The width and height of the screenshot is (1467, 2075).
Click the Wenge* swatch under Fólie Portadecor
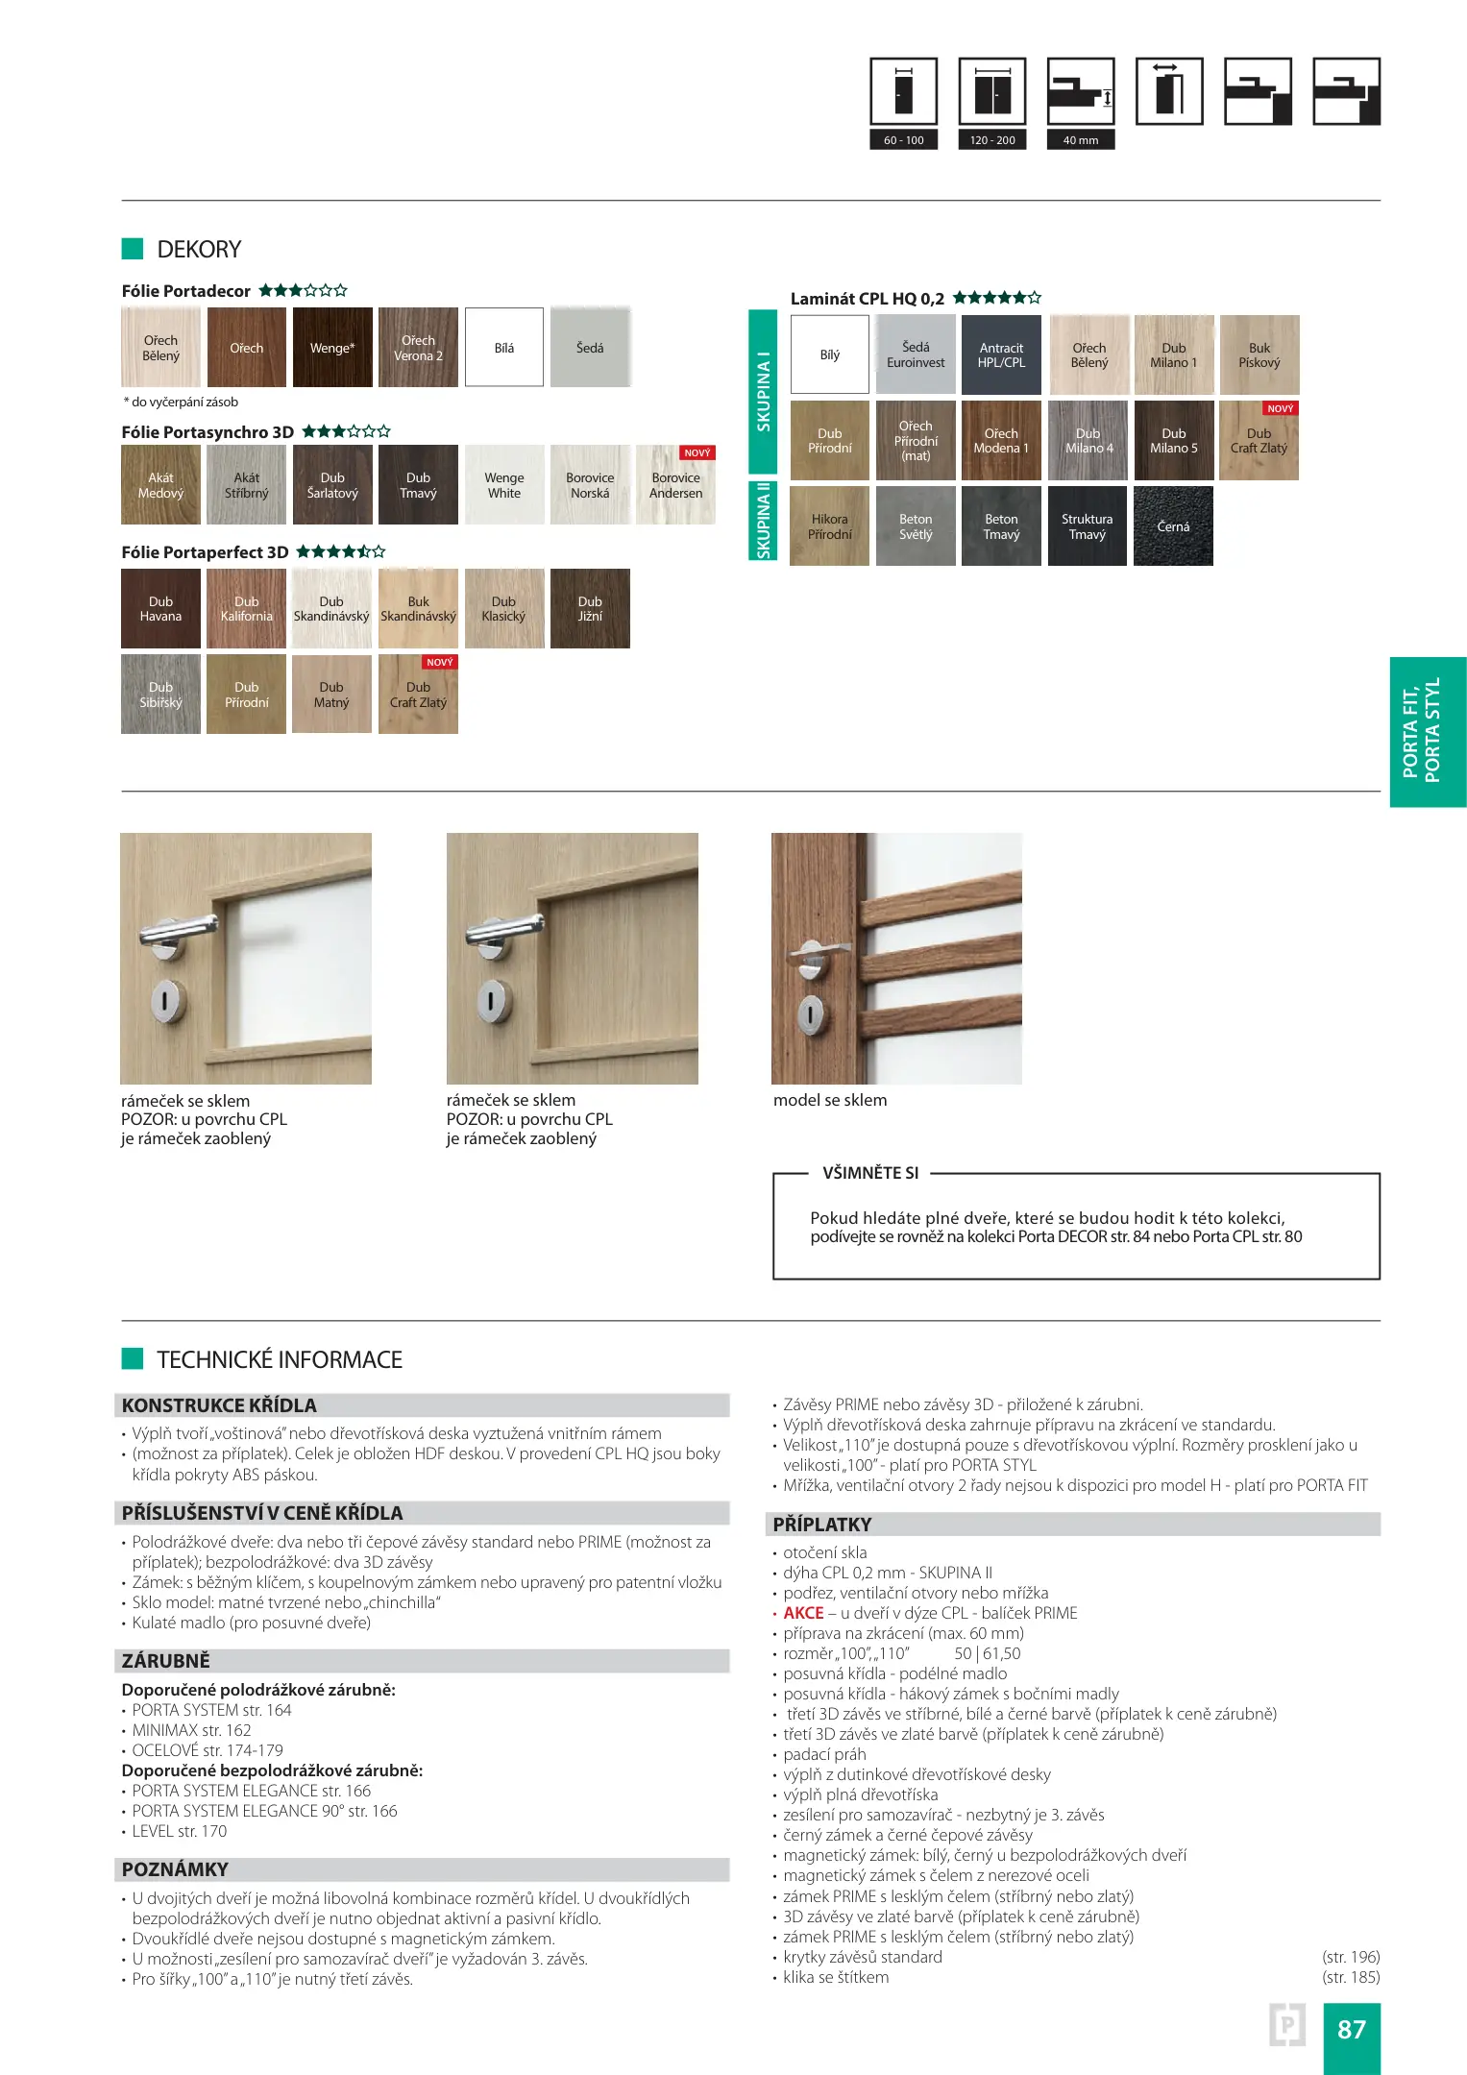click(332, 348)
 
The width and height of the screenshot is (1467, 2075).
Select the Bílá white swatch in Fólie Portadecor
click(504, 348)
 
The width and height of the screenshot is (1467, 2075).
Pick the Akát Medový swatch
click(160, 485)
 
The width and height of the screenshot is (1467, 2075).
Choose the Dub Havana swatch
click(160, 609)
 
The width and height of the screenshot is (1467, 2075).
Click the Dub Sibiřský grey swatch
click(160, 695)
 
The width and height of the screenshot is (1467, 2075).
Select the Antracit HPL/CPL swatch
click(1001, 355)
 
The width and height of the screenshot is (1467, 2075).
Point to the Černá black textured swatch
click(1173, 526)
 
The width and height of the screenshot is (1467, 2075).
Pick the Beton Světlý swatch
click(916, 526)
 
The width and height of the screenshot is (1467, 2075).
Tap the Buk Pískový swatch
click(1259, 355)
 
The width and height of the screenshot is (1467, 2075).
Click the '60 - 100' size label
click(903, 140)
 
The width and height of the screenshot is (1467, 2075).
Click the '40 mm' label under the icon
click(1081, 140)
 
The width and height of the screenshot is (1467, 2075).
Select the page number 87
click(1351, 2029)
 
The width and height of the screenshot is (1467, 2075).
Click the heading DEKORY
click(199, 250)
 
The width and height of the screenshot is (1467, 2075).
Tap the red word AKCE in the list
click(803, 1613)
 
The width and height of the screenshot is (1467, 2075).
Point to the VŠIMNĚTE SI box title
click(870, 1173)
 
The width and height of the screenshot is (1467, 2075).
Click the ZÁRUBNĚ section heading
click(165, 1661)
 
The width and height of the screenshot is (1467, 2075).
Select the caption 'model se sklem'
click(830, 1101)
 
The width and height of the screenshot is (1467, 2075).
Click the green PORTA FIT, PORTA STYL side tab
click(1428, 732)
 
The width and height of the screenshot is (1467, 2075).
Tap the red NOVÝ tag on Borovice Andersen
click(697, 452)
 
